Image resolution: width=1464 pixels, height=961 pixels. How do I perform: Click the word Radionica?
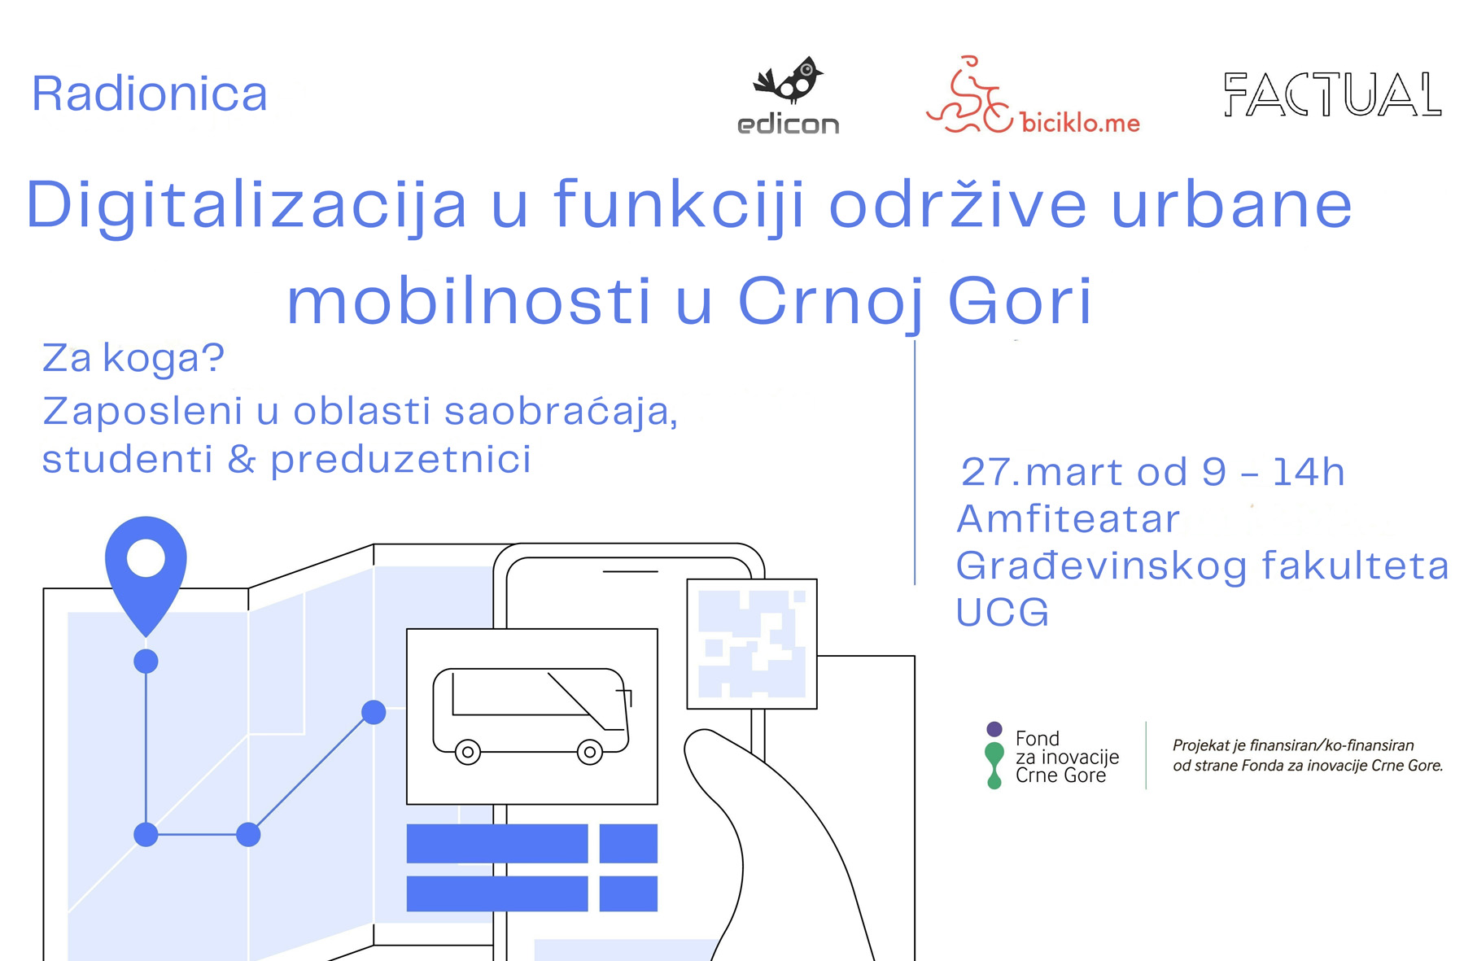point(150,94)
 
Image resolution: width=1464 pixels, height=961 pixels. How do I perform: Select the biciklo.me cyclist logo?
point(1033,95)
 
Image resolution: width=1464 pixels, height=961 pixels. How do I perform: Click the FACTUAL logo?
point(1332,94)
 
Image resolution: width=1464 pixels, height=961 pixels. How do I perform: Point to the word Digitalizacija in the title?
point(247,206)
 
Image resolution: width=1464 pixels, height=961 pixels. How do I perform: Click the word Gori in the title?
point(1020,300)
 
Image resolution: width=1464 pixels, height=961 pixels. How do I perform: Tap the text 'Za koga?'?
point(133,358)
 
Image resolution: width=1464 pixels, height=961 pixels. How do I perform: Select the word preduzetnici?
point(401,460)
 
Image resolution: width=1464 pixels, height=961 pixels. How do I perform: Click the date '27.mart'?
point(1071,472)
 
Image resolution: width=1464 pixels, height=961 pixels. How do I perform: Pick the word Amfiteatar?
point(1069,519)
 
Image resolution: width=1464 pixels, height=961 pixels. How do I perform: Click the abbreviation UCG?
point(1003,612)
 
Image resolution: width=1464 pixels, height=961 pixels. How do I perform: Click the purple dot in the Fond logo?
point(994,729)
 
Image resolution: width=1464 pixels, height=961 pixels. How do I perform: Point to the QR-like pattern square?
point(752,644)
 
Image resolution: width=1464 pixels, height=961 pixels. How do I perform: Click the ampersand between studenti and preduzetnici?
point(242,460)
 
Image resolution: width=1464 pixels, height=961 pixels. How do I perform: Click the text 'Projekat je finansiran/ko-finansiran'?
point(1293,745)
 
